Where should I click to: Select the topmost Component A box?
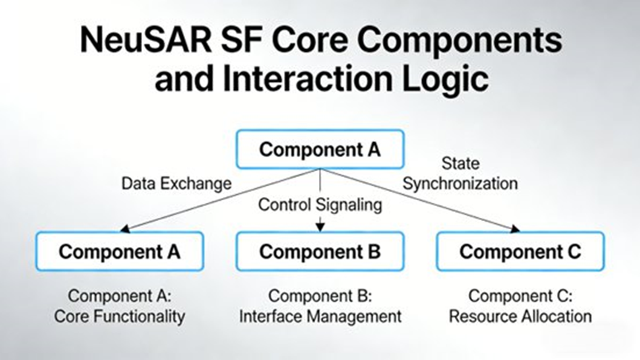pyautogui.click(x=320, y=149)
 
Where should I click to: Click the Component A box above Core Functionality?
pyautogui.click(x=119, y=251)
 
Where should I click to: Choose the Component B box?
pyautogui.click(x=320, y=251)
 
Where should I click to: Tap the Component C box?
pyautogui.click(x=520, y=251)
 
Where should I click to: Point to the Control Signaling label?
pyautogui.click(x=320, y=204)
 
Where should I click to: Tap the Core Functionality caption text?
pyautogui.click(x=120, y=316)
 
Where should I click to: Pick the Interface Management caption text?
pyautogui.click(x=320, y=316)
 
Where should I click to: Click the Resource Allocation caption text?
pyautogui.click(x=520, y=316)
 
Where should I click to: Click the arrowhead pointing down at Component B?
pyautogui.click(x=320, y=226)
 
